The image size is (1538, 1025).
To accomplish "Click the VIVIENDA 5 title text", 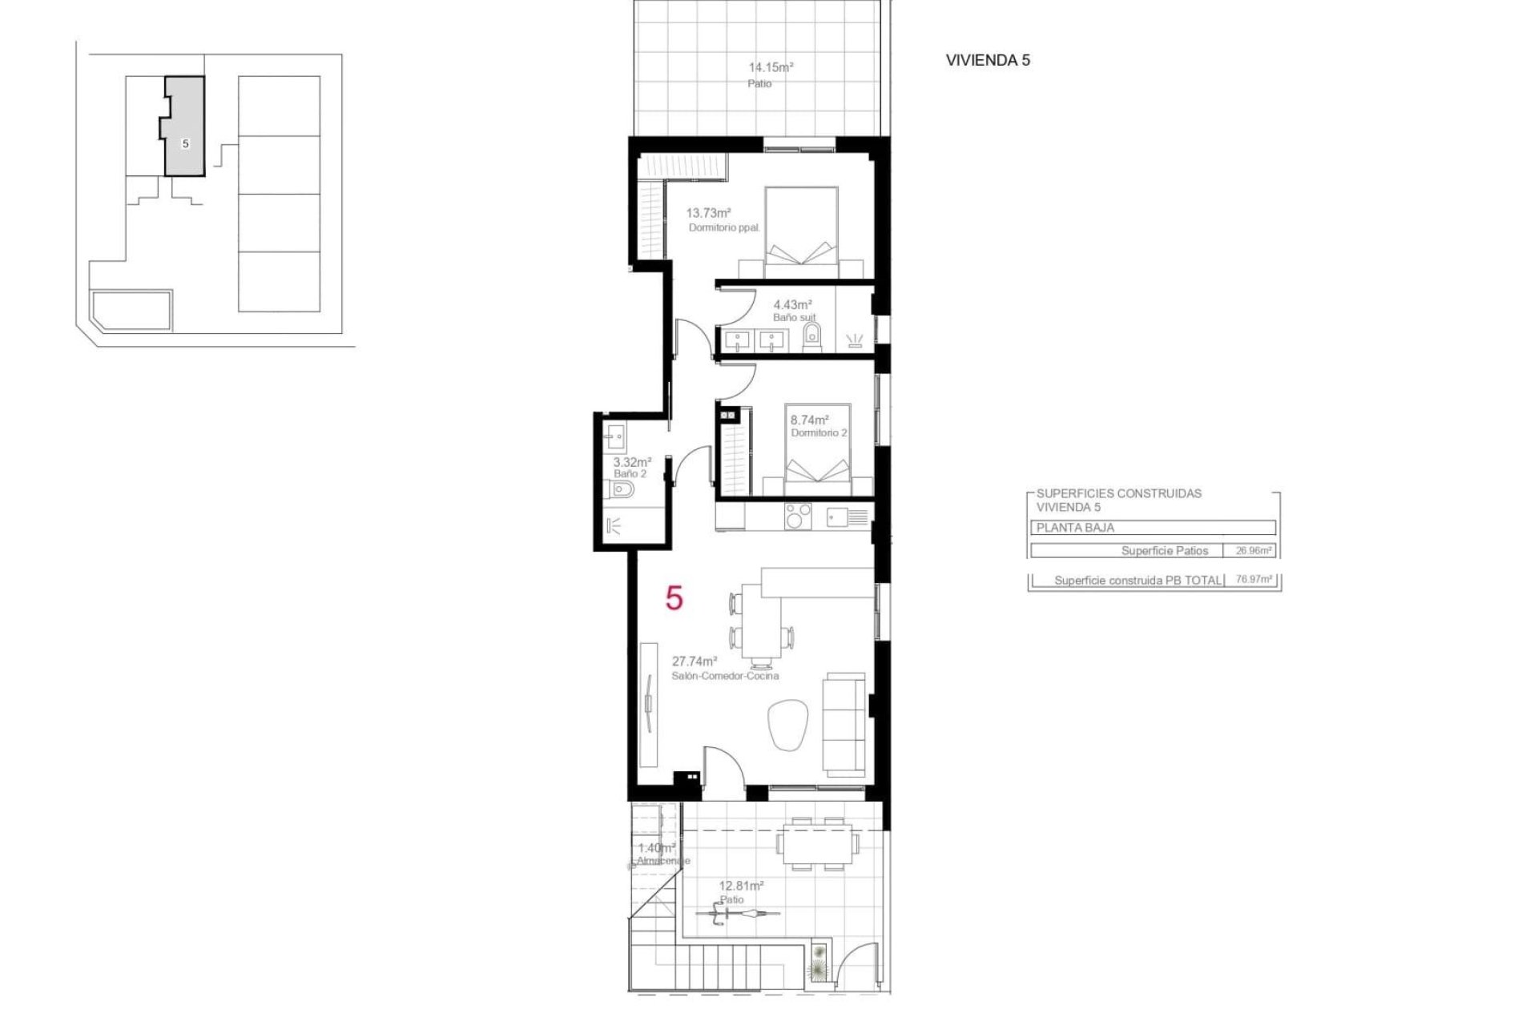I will (x=987, y=60).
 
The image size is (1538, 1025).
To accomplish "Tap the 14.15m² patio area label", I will (x=770, y=68).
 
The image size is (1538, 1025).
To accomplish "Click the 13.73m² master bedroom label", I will (x=708, y=213).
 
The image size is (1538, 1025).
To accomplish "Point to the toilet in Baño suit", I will (x=811, y=336).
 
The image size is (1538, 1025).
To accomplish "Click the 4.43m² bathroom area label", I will (x=791, y=304).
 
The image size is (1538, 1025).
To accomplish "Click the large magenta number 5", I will (x=674, y=598).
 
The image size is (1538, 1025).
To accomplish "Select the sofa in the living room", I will (x=845, y=723).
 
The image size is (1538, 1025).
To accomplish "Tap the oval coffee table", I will (x=789, y=725).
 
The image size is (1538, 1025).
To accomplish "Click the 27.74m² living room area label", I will (x=694, y=661).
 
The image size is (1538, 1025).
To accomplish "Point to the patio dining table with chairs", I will (x=817, y=844).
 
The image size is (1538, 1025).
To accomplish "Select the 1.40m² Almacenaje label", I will (x=657, y=848).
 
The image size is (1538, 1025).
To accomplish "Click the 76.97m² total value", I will (x=1254, y=580).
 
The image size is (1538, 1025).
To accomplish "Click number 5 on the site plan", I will (x=185, y=144).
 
